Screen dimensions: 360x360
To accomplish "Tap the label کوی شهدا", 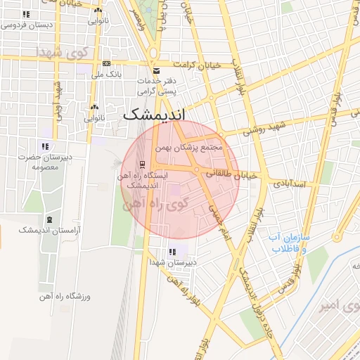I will tap(60, 53).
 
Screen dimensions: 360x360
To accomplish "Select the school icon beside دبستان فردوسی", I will tap(26, 14).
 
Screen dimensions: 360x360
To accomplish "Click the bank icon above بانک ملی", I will tap(107, 63).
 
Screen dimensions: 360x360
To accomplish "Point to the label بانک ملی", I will tap(108, 73).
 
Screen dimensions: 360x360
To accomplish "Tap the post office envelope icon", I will tap(156, 71).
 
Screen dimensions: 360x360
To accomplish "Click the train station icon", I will tap(143, 165).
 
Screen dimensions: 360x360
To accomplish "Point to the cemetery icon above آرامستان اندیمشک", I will tap(49, 219).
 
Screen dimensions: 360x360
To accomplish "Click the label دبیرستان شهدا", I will tap(172, 262).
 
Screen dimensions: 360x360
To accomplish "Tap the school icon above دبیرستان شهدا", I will tap(172, 252).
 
